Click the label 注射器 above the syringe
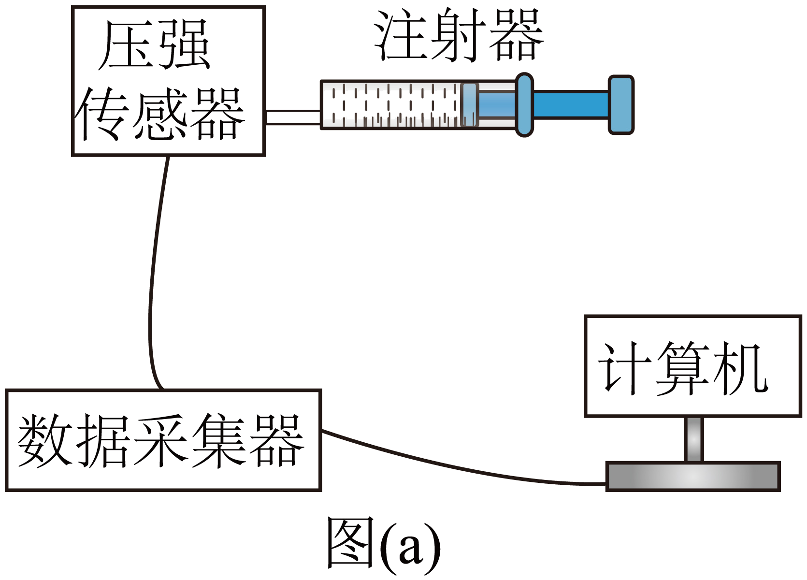click(x=459, y=35)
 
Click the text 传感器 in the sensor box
click(x=159, y=114)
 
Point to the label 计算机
click(x=682, y=368)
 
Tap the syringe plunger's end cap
click(x=620, y=104)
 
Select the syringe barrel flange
click(x=524, y=104)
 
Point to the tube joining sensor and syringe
click(x=293, y=117)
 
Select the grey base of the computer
click(x=693, y=477)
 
